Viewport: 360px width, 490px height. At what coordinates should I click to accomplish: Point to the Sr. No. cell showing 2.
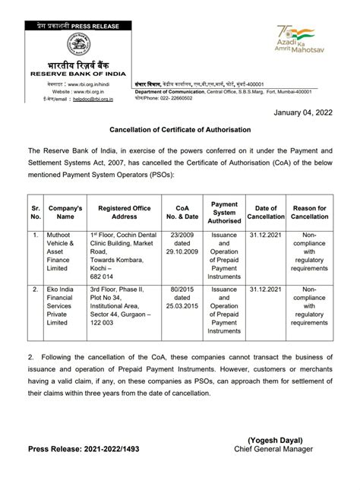35,289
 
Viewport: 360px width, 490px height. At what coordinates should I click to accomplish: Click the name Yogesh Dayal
275,439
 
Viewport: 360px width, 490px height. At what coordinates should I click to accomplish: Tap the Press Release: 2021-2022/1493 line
84,449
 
